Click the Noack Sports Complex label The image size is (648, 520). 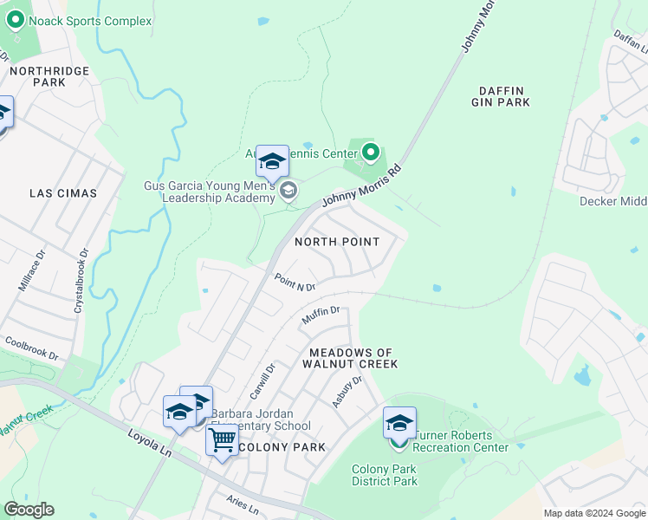90,21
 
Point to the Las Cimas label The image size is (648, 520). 63,192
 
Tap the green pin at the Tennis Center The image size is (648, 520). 371,153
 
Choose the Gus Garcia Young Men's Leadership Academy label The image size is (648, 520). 210,192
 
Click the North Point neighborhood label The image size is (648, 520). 338,241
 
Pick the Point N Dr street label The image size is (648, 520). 295,283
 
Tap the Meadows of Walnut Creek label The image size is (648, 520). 353,358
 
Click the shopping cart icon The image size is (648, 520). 223,441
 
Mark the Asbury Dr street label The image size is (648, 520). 347,393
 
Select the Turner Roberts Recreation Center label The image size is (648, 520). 460,441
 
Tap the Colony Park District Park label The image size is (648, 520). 385,475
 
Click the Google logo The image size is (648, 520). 29,510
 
